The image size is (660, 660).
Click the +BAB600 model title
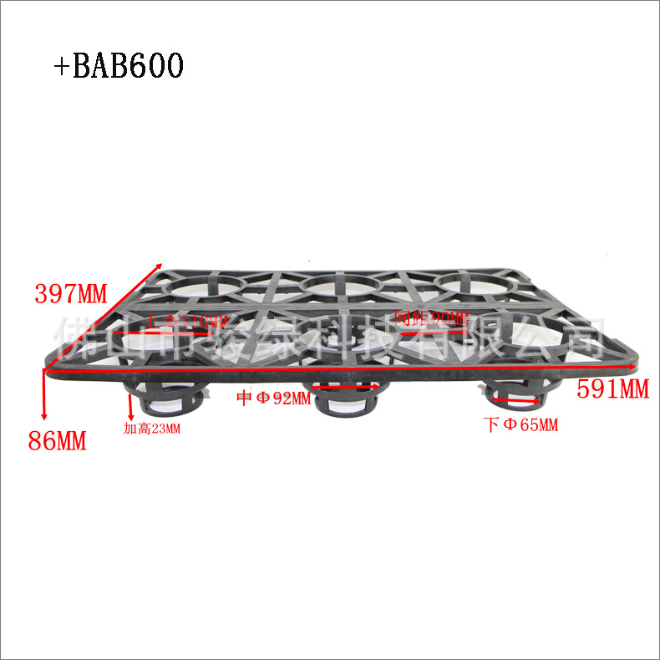[118, 66]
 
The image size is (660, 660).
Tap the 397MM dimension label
[71, 293]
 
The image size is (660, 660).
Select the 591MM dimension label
[612, 389]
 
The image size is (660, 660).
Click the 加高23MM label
[151, 429]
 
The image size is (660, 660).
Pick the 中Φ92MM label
[272, 399]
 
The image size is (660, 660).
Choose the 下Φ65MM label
[521, 425]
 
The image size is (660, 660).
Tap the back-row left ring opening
[201, 286]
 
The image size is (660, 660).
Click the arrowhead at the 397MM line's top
[160, 265]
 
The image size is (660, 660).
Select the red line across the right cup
[521, 401]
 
